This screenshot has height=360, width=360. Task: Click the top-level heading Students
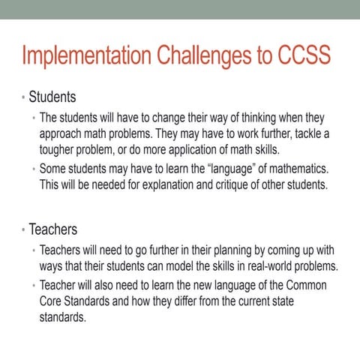click(x=52, y=97)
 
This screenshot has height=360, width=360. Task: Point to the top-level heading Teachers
click(x=53, y=228)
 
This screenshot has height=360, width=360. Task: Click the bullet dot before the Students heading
click(x=23, y=98)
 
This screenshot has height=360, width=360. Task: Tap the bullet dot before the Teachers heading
click(x=23, y=229)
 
